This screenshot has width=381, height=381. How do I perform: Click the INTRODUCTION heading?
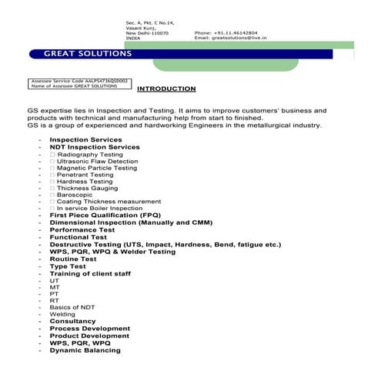[x=166, y=89]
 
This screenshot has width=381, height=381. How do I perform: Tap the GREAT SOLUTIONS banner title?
[x=87, y=54]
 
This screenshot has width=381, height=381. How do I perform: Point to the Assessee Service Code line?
[x=80, y=80]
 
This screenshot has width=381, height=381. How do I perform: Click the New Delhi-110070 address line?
[x=147, y=33]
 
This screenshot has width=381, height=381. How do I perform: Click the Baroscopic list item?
[x=75, y=195]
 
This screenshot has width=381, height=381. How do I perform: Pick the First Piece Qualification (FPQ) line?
[x=105, y=216]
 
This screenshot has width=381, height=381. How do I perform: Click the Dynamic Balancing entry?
[x=85, y=350]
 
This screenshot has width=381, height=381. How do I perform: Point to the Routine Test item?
[x=73, y=259]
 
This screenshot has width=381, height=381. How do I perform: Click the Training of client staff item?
[x=90, y=273]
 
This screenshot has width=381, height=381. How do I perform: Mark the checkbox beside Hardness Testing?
[x=52, y=182]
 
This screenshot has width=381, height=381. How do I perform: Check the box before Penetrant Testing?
[x=52, y=175]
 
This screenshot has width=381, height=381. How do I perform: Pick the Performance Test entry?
[x=82, y=229]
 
